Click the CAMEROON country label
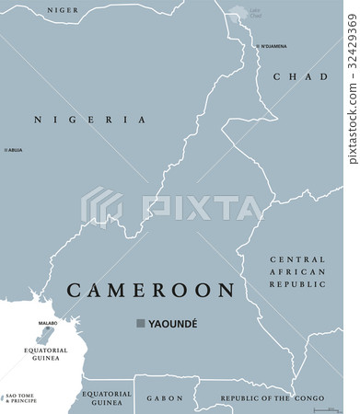coord(150,291)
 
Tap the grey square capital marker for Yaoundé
coord(141,324)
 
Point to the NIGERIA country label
coord(90,120)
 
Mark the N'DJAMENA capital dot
coord(256,44)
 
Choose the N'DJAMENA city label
coord(274,45)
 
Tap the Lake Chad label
coord(256,14)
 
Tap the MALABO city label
coord(47,324)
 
